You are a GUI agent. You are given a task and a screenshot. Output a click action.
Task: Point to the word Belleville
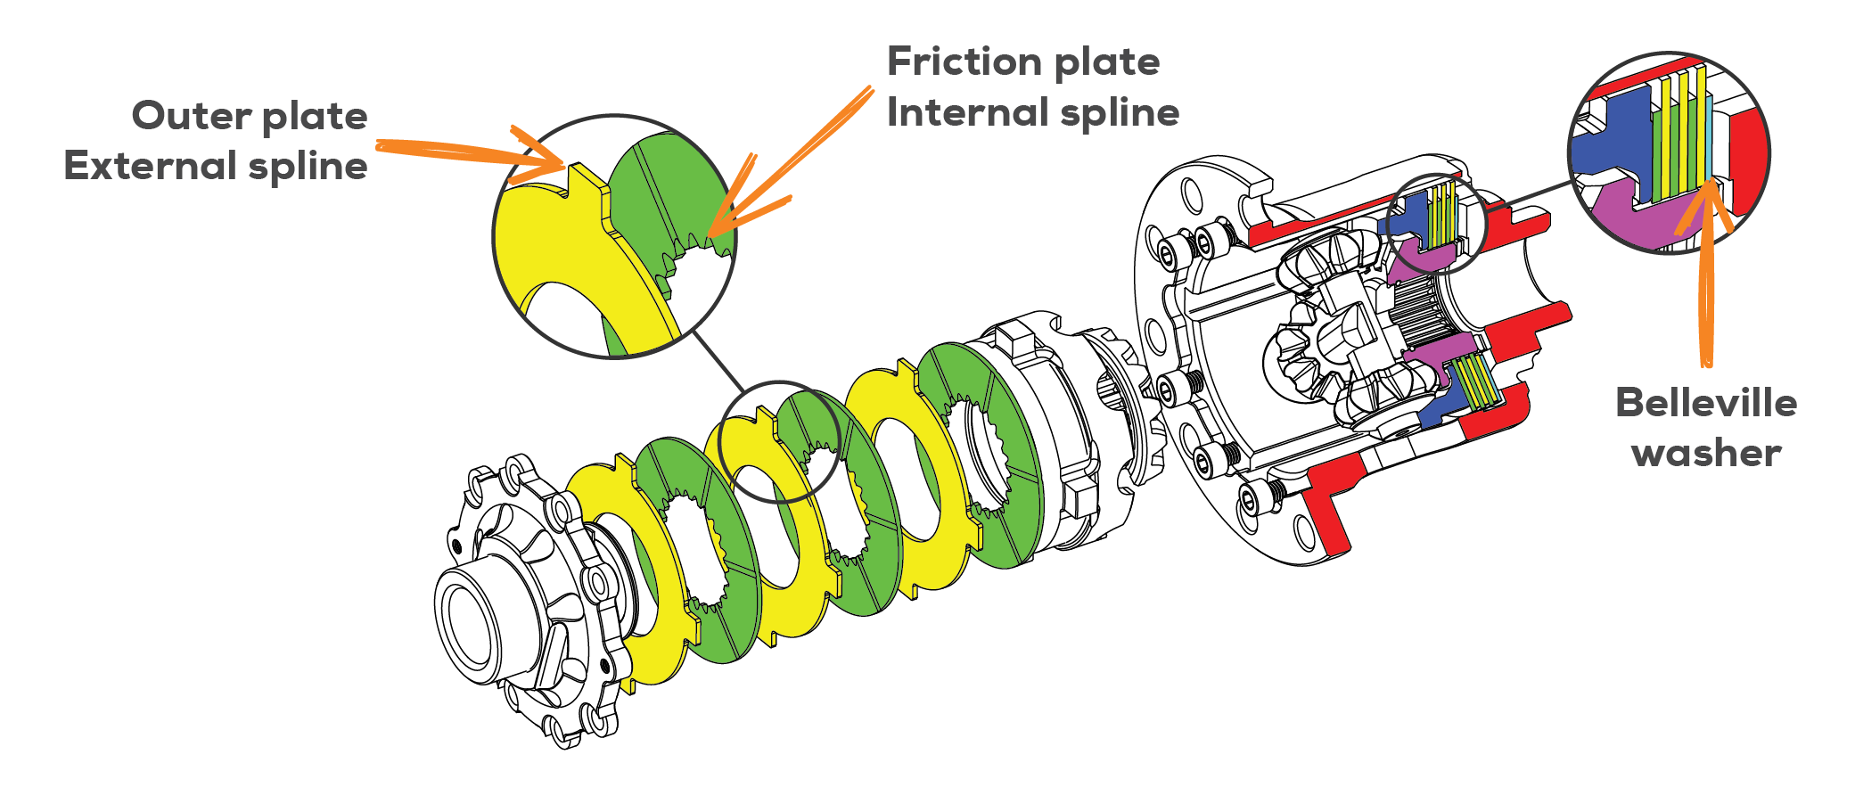pos(1705,403)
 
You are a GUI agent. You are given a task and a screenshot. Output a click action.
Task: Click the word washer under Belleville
pos(1705,454)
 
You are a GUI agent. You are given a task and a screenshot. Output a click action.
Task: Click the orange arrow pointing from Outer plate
pos(464,152)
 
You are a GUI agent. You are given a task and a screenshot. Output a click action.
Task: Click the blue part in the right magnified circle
pos(1609,143)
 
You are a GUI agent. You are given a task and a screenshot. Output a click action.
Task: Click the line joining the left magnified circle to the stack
pos(718,362)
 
